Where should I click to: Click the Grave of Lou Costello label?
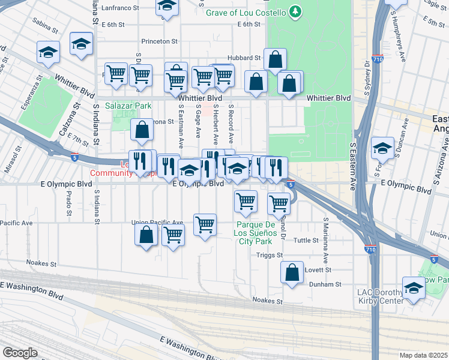click(246, 12)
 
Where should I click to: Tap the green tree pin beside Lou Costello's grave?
click(295, 11)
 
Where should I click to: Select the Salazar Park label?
click(127, 106)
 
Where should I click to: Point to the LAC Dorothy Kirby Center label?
click(381, 296)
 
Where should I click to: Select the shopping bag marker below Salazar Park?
click(141, 130)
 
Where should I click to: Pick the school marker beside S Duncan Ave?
click(382, 148)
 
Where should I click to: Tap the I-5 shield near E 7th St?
click(74, 157)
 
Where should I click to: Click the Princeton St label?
click(160, 42)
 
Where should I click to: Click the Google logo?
click(20, 353)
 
